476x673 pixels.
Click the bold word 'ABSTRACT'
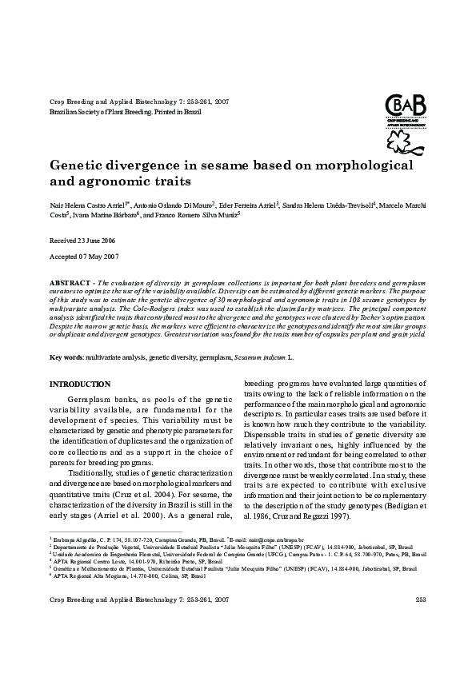68,284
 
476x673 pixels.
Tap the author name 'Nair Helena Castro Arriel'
86,205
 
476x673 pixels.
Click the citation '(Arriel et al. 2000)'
145,516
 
